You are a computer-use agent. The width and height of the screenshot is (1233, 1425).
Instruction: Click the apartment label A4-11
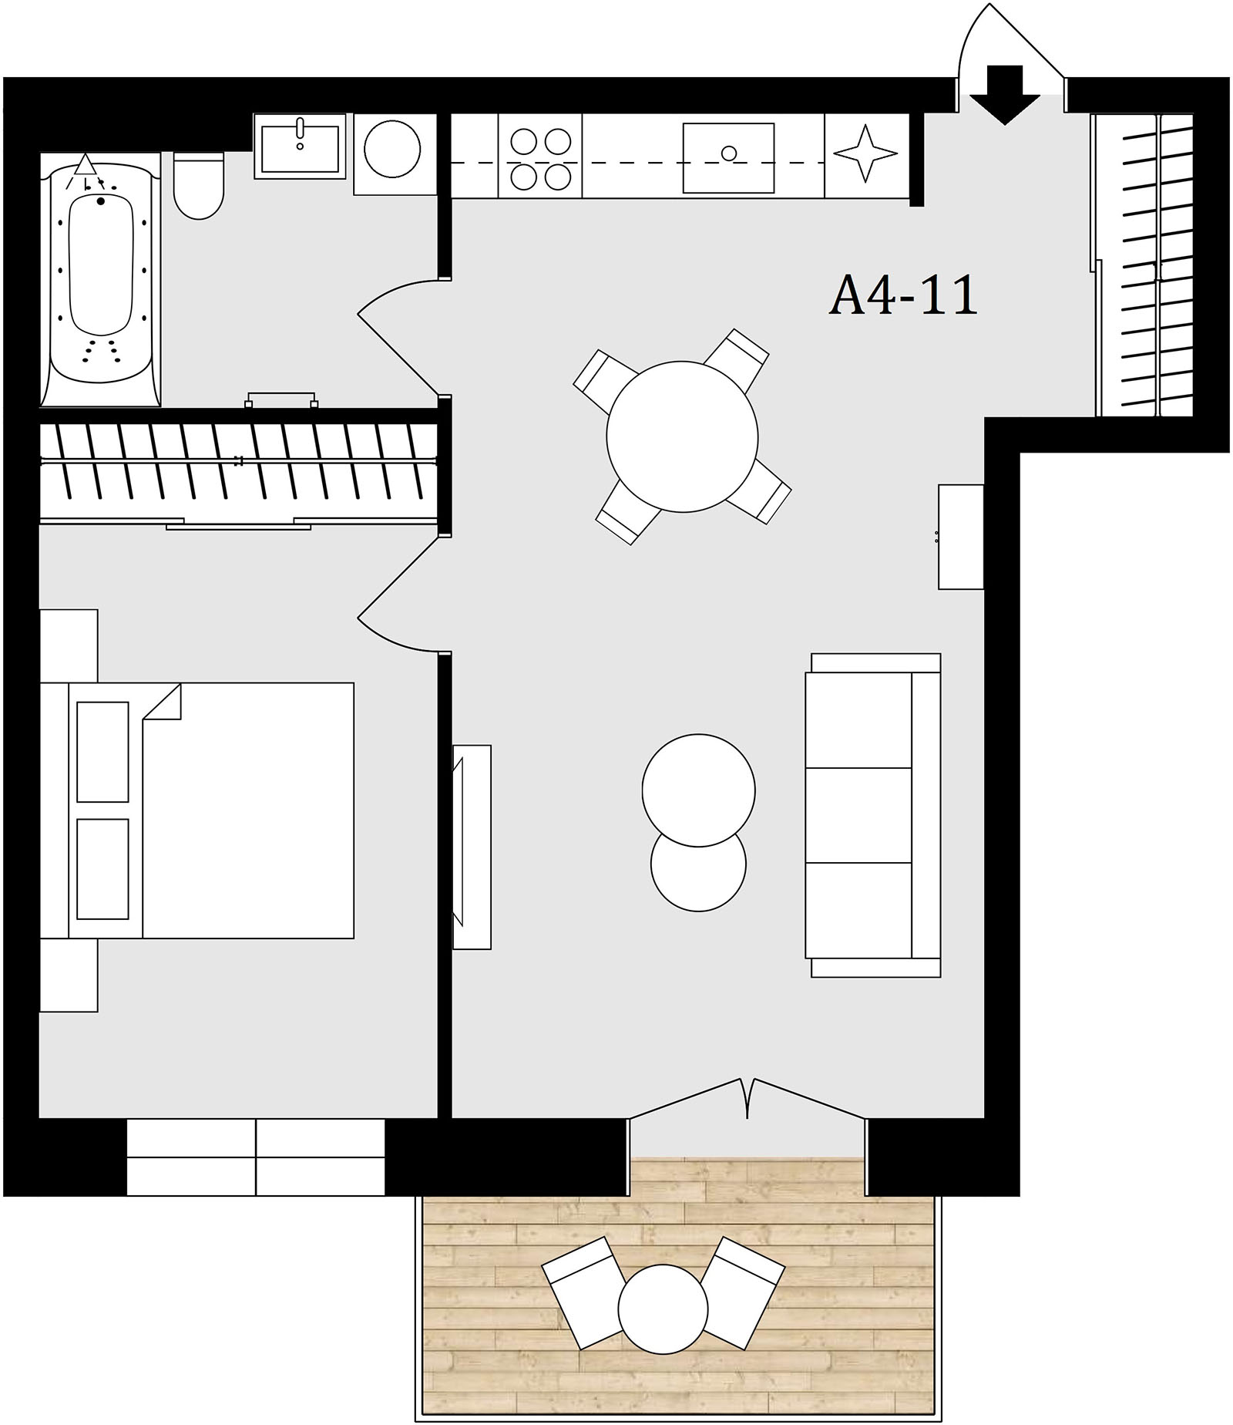(x=903, y=295)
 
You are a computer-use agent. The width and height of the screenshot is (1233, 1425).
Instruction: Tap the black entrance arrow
(x=1005, y=95)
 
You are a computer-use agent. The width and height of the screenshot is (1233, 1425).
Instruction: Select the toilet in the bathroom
(x=199, y=185)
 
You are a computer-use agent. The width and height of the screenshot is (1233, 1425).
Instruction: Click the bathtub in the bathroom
(x=100, y=279)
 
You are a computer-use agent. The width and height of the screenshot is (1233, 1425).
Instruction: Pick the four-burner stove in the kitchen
(x=540, y=157)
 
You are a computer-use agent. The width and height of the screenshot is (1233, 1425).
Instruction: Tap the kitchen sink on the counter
(x=728, y=157)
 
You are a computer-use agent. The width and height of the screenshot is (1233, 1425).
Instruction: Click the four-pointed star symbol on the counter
(x=865, y=153)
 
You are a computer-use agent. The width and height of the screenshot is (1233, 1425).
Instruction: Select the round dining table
(x=682, y=436)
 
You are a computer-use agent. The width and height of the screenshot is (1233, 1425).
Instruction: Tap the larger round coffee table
(x=698, y=790)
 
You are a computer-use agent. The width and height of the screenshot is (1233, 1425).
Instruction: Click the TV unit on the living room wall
(x=472, y=847)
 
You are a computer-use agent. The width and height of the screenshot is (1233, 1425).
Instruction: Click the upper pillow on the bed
(x=103, y=752)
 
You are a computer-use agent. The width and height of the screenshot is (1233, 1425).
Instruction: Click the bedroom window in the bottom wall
(x=255, y=1157)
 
